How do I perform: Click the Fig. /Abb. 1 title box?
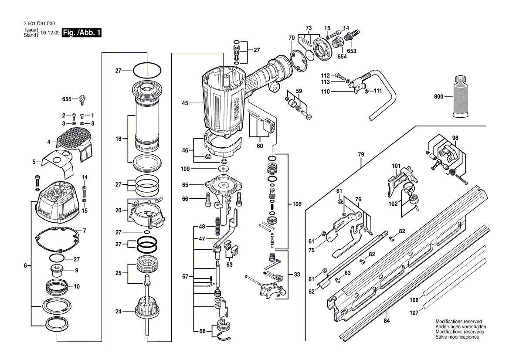point(82,33)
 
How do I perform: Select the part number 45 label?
point(185,103)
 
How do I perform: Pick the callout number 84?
point(387,321)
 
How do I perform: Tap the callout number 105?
point(297,204)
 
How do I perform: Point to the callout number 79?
point(361,154)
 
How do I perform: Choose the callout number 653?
point(352,51)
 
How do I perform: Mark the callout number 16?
point(118,139)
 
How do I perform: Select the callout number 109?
point(185,168)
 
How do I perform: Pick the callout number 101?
point(396,166)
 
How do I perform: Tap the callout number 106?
point(414,300)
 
